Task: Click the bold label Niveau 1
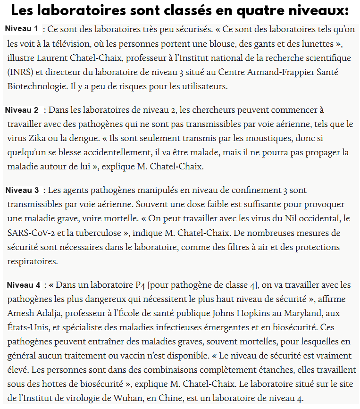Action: (22, 29)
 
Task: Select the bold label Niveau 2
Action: (22, 110)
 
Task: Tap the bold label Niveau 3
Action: (22, 190)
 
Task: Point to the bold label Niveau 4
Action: (24, 285)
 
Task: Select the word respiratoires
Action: (32, 261)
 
